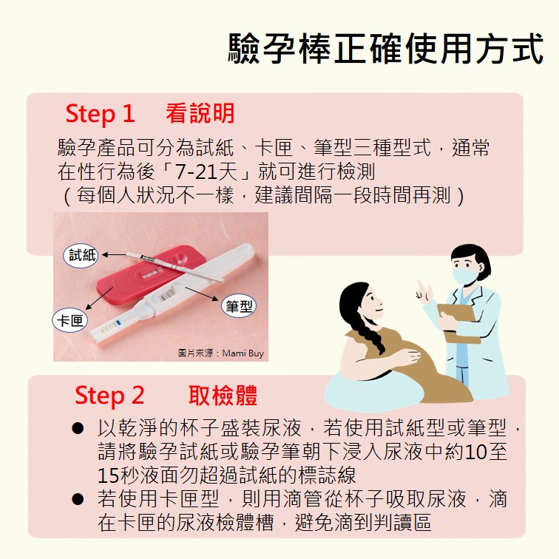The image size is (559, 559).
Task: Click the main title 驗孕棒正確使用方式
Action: pos(386,49)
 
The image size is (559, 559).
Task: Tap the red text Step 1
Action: pos(100,114)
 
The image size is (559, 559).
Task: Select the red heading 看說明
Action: pos(200,113)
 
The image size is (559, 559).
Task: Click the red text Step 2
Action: pos(109,396)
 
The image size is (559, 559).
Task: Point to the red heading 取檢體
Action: pos(223,395)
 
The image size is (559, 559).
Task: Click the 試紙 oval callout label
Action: pos(81,255)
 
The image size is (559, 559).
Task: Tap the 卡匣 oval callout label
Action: pos(70,320)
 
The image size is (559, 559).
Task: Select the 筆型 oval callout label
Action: pos(239,305)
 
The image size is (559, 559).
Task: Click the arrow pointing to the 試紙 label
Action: pos(114,254)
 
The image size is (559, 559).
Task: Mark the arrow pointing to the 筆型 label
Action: pos(201,294)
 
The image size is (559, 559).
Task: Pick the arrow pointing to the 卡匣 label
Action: pos(99,298)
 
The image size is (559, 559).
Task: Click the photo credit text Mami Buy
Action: pos(243,353)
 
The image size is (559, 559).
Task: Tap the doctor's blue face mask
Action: pos(464,276)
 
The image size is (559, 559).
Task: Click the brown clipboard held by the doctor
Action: pos(458,322)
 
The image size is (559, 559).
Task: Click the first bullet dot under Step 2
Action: pos(78,428)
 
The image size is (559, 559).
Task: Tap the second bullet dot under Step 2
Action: pos(78,499)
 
